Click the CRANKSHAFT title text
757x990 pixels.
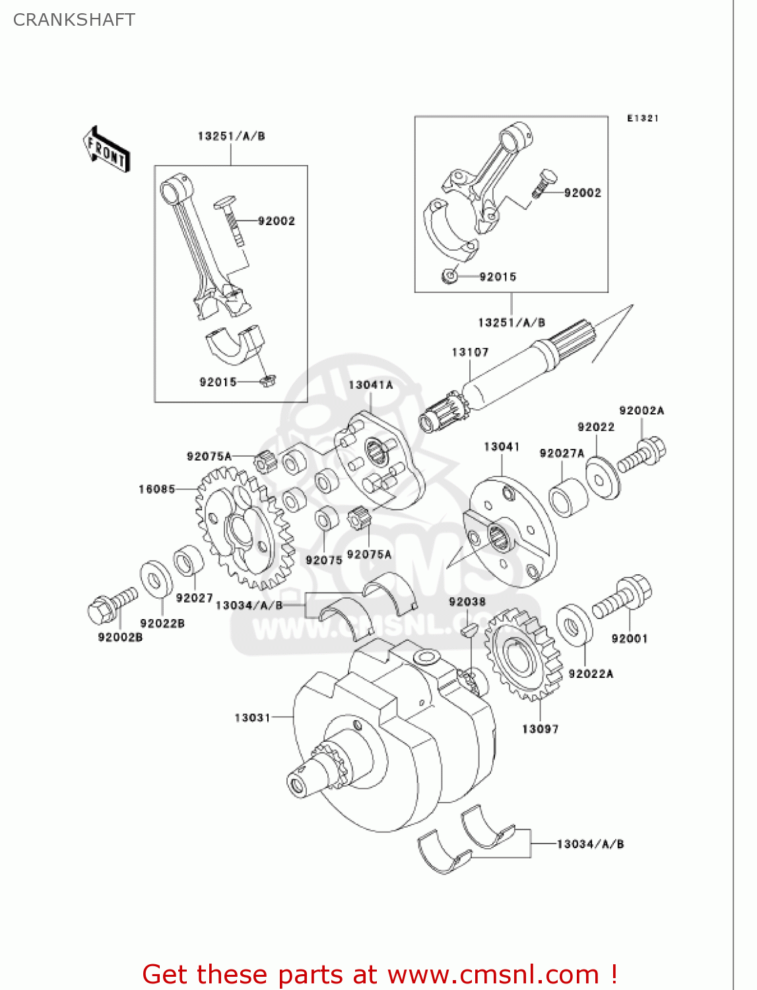click(74, 20)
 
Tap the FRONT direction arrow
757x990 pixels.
click(106, 149)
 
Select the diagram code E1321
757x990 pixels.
click(642, 118)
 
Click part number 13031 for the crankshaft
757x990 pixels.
click(252, 717)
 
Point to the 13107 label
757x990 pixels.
click(470, 352)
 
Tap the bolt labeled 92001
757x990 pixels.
click(623, 597)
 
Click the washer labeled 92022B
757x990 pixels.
click(156, 579)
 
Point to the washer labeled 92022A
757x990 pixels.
click(574, 624)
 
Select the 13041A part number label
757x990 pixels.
click(370, 385)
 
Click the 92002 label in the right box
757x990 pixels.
click(582, 193)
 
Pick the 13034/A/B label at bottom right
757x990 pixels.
click(590, 843)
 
